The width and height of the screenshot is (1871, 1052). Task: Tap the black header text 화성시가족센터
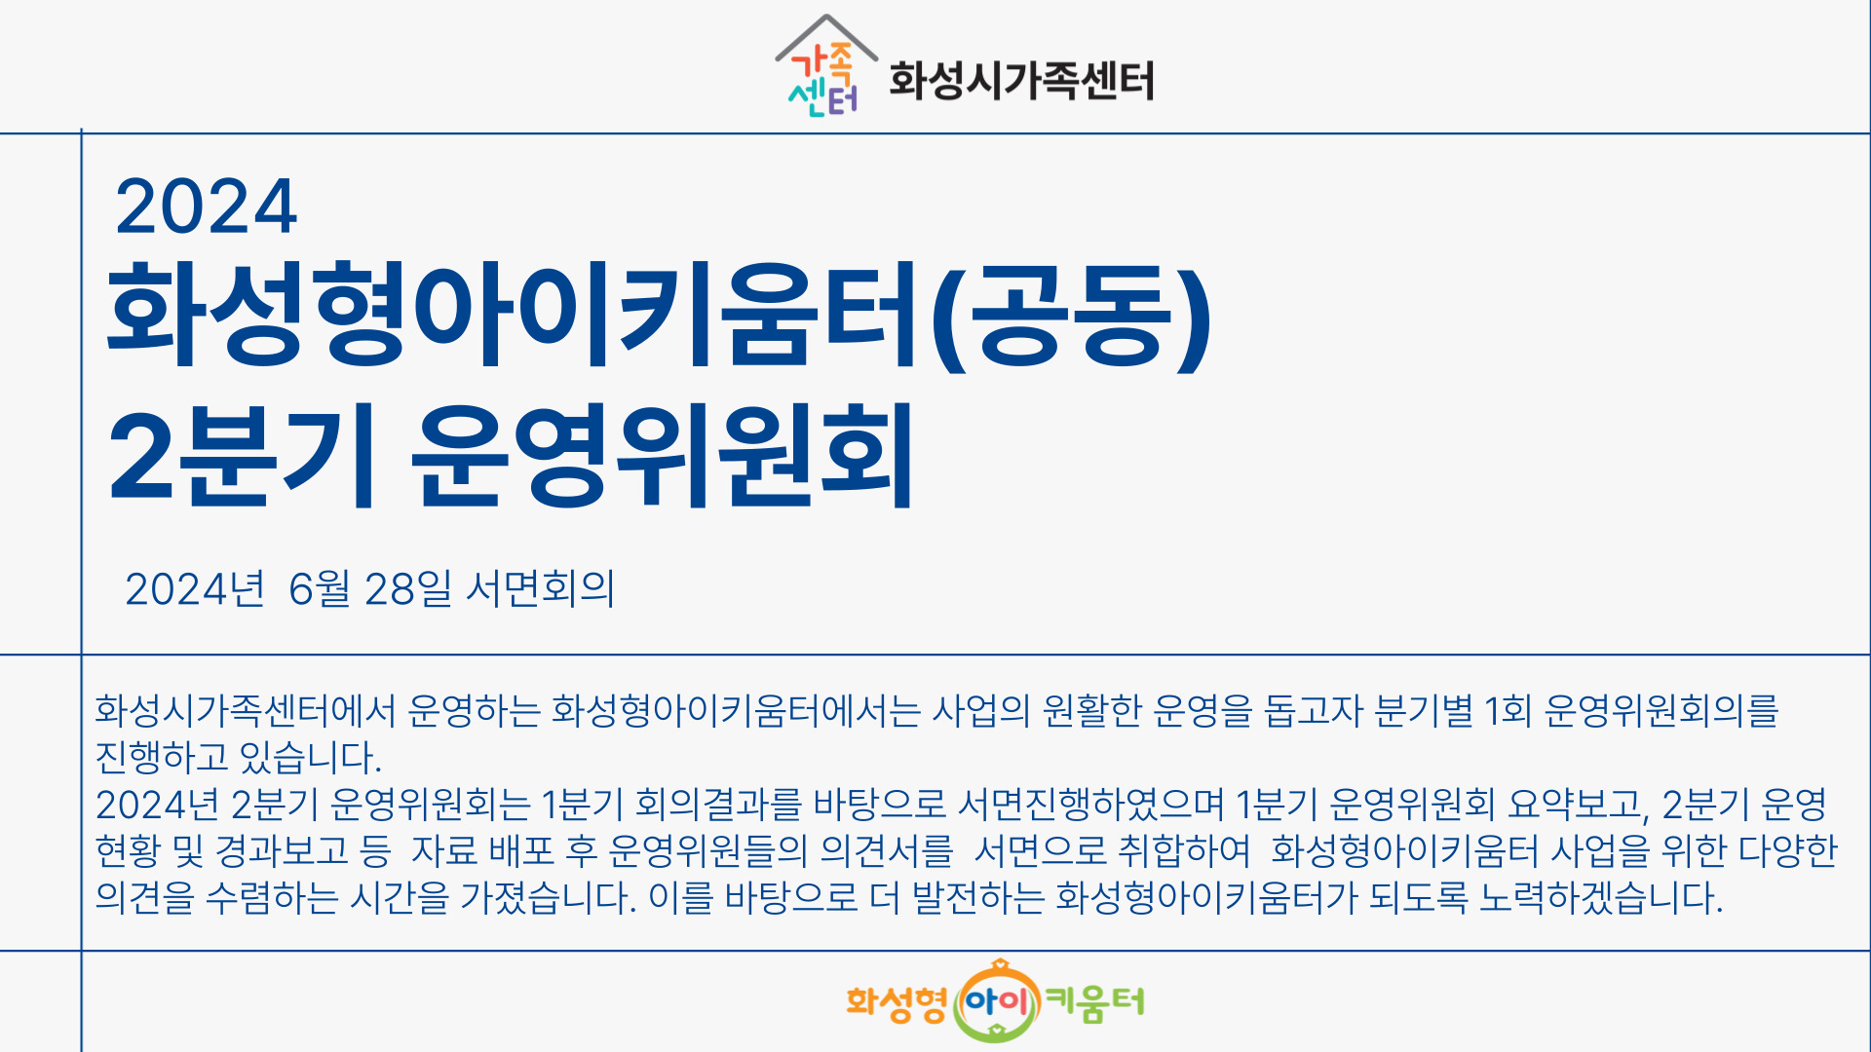[1021, 80]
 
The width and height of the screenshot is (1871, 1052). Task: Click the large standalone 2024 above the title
[206, 207]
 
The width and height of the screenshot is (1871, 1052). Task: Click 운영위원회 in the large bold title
[663, 455]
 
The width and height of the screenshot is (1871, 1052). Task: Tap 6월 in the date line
[320, 589]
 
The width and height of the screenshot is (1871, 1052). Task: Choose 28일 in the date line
[408, 589]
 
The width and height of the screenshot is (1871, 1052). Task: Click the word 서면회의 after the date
[541, 589]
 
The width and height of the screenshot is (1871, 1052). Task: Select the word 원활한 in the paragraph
[1091, 711]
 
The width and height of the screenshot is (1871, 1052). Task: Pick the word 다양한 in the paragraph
[1788, 850]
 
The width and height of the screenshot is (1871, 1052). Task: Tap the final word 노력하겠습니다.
[1601, 897]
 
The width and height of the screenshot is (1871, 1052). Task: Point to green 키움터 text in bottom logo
[1094, 1001]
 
